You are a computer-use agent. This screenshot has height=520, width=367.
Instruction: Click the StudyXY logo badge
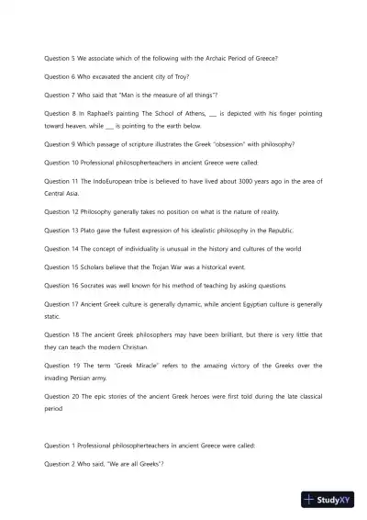[x=328, y=500]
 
